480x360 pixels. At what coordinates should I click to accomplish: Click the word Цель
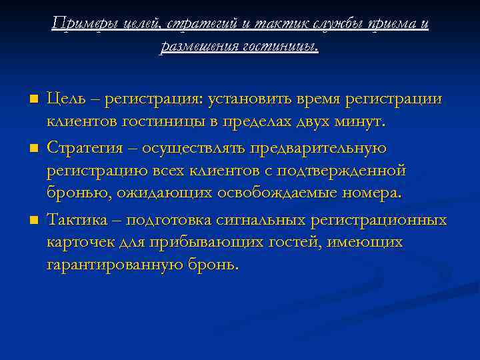[x=67, y=99]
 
